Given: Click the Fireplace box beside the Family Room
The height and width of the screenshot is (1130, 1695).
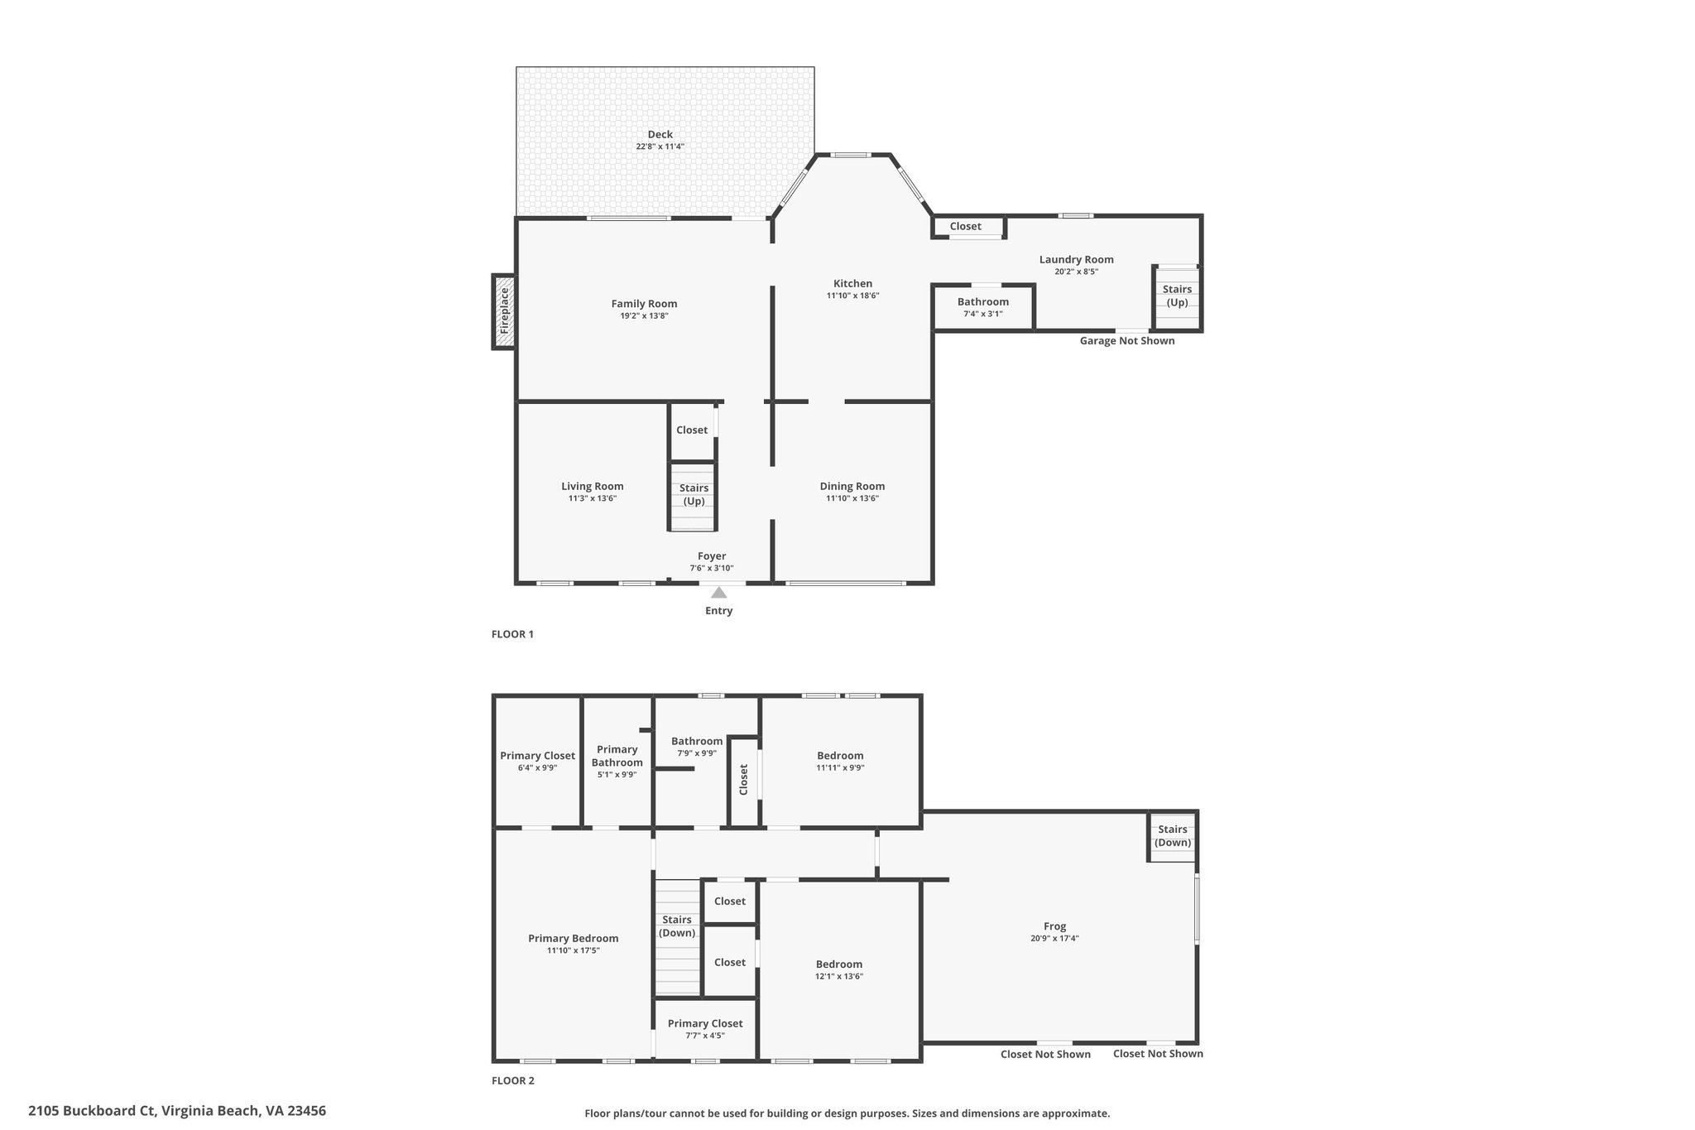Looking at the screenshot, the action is point(504,311).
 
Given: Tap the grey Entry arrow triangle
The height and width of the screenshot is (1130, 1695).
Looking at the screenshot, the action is point(718,592).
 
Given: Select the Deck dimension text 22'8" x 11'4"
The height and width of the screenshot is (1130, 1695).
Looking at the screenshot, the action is point(660,147).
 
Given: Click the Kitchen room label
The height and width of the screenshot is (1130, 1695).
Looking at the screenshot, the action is point(852,284).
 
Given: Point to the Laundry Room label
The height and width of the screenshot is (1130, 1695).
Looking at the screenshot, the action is point(1076,259).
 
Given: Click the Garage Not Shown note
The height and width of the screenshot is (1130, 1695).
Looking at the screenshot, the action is point(1126,341).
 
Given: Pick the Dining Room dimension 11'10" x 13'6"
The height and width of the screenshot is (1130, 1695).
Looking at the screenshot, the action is point(852,498).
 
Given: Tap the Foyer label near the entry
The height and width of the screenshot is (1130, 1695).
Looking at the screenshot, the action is point(712,556).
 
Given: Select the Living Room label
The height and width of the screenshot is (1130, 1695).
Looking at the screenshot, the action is point(593,487).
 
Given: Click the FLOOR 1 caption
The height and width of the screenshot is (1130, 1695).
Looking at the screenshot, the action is point(512,634).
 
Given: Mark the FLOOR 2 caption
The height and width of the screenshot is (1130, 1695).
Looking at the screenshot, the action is point(513,1080).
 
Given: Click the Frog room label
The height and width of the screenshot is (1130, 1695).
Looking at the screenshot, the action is point(1054,926).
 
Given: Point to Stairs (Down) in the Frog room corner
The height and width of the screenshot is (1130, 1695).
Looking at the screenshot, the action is point(1173,836).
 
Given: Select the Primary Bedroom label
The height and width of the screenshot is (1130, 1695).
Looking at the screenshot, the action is point(573,938).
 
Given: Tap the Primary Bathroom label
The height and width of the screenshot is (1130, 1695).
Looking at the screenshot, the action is point(617,756).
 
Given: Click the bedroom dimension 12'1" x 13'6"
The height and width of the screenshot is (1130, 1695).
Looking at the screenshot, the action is point(839,976).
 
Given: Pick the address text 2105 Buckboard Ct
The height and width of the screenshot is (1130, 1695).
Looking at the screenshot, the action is point(92,1111).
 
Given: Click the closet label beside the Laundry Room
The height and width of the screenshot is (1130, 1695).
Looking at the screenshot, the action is point(965,226).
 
